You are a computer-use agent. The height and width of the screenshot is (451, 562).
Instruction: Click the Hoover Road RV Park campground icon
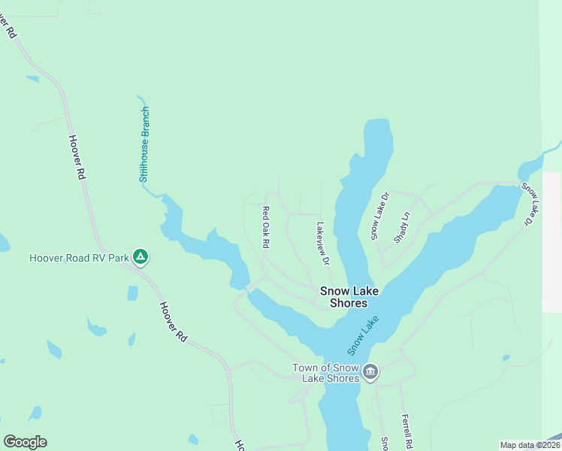[x=140, y=258]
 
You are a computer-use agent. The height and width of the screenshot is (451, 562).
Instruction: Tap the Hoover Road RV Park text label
[x=79, y=258]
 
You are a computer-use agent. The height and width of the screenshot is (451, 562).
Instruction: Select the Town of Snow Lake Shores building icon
[x=370, y=372]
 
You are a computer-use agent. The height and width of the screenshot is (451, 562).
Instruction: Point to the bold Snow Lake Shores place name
[x=343, y=297]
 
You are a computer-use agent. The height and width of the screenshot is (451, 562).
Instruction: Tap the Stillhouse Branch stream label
[x=145, y=145]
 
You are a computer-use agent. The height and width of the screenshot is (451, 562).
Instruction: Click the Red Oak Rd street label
[x=265, y=227]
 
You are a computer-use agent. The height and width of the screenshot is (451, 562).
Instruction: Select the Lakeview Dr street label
[x=323, y=243]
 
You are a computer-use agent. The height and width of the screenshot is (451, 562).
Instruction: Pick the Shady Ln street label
[x=402, y=226]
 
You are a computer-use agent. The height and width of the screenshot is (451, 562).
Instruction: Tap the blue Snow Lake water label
[x=364, y=335]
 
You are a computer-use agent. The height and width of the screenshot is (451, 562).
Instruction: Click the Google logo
[x=25, y=442]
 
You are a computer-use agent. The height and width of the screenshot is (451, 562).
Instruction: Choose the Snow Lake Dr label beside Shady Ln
[x=380, y=216]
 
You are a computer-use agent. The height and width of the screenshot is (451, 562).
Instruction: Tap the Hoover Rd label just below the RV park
[x=172, y=322]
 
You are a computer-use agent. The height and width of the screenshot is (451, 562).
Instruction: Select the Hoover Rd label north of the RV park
[x=77, y=156]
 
